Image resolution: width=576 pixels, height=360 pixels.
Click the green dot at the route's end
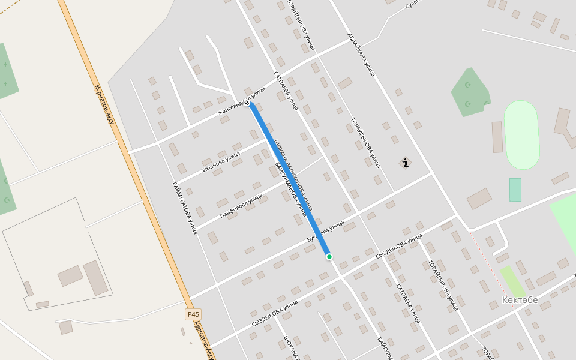click(329, 257)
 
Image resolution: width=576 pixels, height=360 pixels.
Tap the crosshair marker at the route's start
click(247, 103)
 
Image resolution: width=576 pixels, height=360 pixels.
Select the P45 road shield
click(193, 314)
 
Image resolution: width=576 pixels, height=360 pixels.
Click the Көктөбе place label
click(520, 300)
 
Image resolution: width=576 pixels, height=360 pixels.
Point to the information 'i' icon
click(406, 163)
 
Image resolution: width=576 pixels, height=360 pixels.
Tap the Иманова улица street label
click(221, 161)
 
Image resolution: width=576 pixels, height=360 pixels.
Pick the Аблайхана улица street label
click(361, 55)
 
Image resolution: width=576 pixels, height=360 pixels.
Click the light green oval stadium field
click(521, 134)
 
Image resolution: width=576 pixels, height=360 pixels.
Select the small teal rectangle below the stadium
click(515, 190)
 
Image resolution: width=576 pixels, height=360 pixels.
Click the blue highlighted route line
click(288, 180)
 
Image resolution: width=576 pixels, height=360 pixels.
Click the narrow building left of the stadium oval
click(497, 137)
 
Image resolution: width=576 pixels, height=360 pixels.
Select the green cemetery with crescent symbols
click(470, 93)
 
